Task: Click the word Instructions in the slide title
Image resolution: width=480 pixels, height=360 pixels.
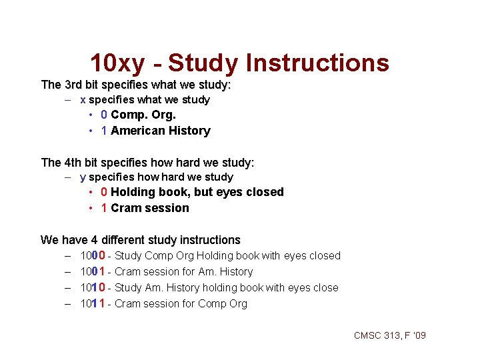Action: [x=317, y=63]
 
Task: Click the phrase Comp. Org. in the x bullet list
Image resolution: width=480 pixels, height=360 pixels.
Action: [x=143, y=115]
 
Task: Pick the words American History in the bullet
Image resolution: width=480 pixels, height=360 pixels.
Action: [x=160, y=131]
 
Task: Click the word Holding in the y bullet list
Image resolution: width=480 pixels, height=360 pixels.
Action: [x=132, y=192]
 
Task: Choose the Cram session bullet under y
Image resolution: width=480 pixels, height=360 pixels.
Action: [x=149, y=208]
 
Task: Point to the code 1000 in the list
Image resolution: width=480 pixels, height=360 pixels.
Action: [x=91, y=255]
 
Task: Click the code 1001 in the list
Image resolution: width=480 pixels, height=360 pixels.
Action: [x=91, y=271]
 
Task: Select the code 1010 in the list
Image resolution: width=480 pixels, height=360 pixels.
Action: [x=91, y=287]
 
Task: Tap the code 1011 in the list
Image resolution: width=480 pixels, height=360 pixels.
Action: [x=91, y=303]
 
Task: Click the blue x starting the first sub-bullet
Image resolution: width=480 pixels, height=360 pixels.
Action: [x=83, y=100]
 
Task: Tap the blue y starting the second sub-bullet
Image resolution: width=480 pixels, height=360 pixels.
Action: [x=83, y=177]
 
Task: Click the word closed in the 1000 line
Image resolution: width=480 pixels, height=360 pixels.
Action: [x=324, y=255]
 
